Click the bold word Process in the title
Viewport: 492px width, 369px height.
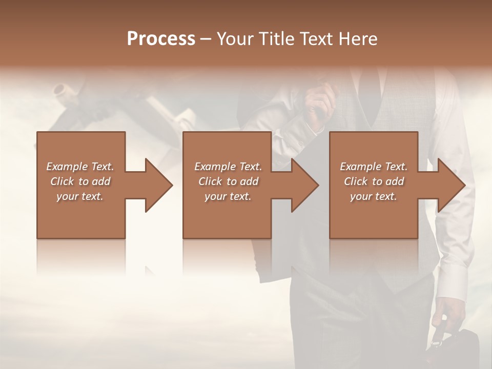click(x=161, y=39)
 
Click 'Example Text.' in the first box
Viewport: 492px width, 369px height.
click(x=80, y=167)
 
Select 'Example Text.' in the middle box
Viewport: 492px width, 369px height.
click(x=228, y=167)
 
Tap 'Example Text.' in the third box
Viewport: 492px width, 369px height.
click(x=374, y=167)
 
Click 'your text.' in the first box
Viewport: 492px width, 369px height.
click(x=80, y=196)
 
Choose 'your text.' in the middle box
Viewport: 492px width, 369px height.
click(x=228, y=196)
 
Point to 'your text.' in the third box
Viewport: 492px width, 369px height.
click(x=374, y=196)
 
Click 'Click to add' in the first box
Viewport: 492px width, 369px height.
click(x=80, y=181)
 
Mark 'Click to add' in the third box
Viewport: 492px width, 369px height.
click(x=374, y=181)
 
